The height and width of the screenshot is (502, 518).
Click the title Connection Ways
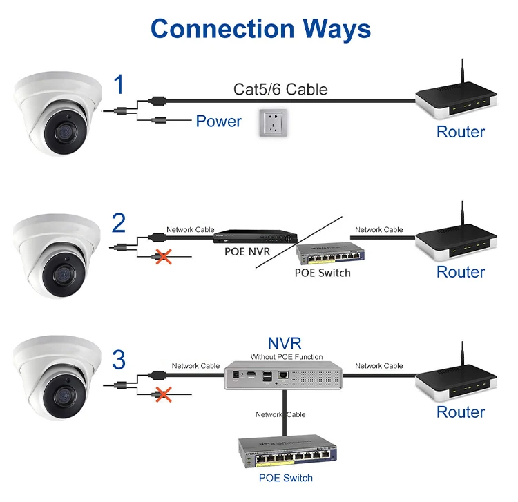(260, 28)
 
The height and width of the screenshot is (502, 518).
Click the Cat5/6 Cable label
(280, 89)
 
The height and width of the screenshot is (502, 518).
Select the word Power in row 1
(218, 122)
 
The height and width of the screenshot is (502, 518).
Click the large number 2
(119, 224)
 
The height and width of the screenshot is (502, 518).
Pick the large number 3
(119, 360)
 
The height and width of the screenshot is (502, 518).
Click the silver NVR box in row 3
(284, 376)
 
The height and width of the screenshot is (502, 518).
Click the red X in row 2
(164, 257)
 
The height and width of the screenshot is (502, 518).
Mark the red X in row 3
(164, 395)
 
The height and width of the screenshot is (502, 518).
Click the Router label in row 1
(460, 131)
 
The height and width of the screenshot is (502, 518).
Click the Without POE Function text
(286, 357)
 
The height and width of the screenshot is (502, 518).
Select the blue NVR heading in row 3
(285, 343)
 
